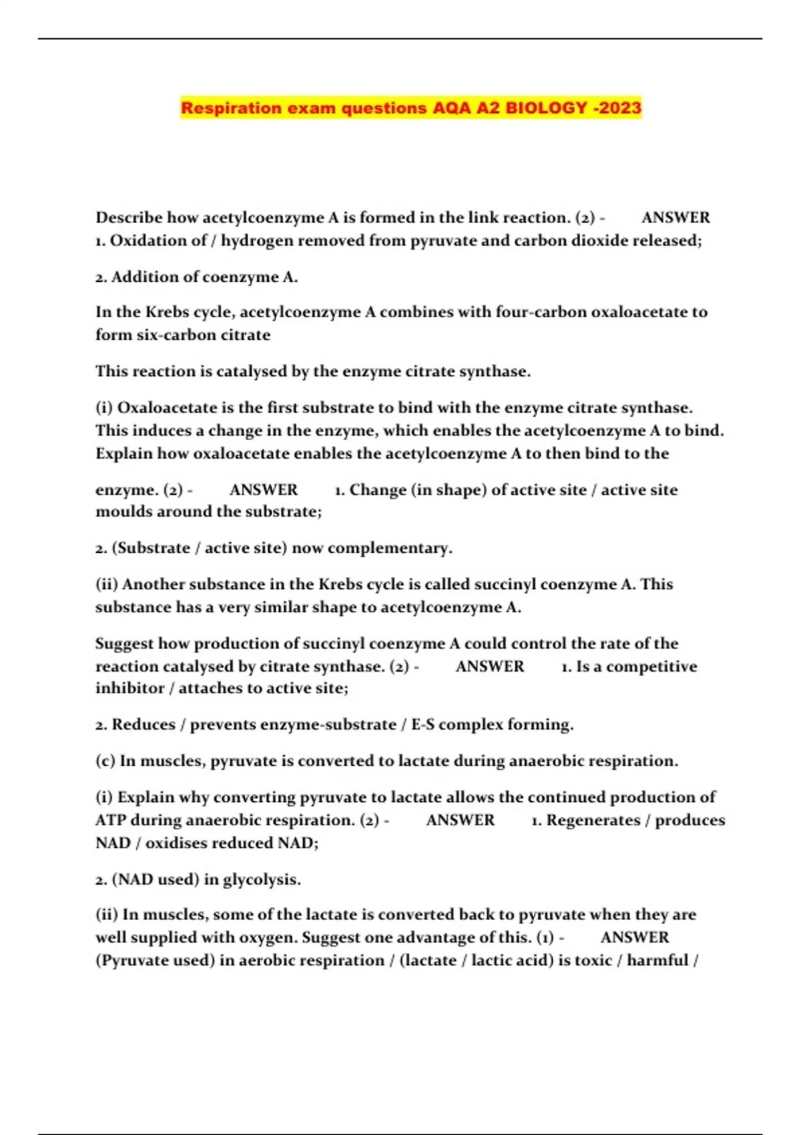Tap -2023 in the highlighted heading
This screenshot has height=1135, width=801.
pos(617,108)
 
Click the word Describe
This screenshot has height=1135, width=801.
pos(129,218)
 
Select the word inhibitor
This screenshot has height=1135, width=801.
pos(129,688)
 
